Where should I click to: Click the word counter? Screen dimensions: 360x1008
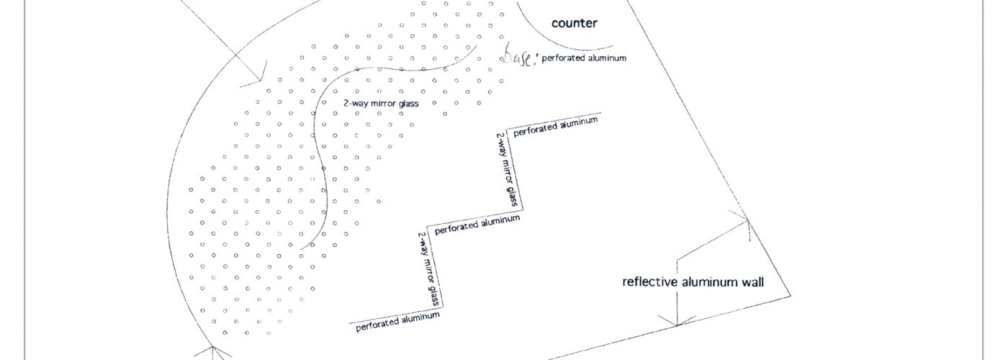(574, 23)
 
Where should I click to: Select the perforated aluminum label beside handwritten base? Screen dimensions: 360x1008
(584, 58)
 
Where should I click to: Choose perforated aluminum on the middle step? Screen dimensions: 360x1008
(477, 224)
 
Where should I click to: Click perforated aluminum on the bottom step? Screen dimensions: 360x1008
(397, 320)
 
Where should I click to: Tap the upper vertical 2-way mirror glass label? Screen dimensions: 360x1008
(508, 169)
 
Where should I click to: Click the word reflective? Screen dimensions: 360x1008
(649, 282)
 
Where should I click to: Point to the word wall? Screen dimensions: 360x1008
(750, 282)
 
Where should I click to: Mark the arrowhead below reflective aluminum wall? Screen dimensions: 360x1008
(677, 321)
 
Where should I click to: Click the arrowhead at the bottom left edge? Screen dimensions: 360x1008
(214, 351)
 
